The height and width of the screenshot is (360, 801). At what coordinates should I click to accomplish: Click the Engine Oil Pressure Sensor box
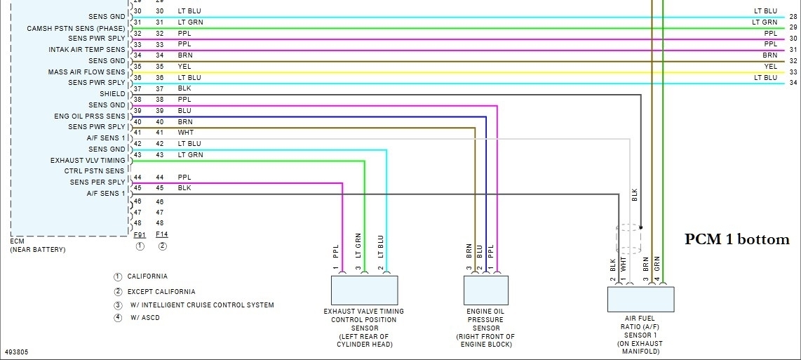pyautogui.click(x=485, y=290)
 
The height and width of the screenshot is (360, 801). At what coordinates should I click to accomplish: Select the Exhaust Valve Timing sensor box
pyautogui.click(x=364, y=290)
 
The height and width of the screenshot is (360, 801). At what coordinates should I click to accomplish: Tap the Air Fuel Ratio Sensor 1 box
pyautogui.click(x=640, y=299)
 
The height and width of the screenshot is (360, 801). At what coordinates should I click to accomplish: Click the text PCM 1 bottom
pyautogui.click(x=736, y=240)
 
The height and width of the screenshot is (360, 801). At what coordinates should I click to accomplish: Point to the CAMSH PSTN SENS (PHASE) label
pyautogui.click(x=76, y=28)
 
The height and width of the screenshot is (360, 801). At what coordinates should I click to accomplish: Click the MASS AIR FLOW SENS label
pyautogui.click(x=86, y=72)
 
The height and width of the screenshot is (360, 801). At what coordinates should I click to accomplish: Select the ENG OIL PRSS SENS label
pyautogui.click(x=89, y=116)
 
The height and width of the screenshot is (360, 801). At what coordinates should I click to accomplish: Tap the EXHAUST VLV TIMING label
pyautogui.click(x=88, y=160)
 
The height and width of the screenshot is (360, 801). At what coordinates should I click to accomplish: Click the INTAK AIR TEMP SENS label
pyautogui.click(x=87, y=50)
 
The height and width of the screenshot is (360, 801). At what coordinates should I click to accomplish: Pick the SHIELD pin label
pyautogui.click(x=112, y=93)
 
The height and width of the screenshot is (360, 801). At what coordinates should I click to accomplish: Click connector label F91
pyautogui.click(x=140, y=234)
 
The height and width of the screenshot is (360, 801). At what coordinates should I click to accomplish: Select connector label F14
pyautogui.click(x=162, y=234)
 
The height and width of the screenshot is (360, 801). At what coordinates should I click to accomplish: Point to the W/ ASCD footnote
pyautogui.click(x=144, y=317)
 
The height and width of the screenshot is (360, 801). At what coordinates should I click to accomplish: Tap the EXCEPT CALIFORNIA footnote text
pyautogui.click(x=161, y=291)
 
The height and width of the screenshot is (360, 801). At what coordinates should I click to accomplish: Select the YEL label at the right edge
pyautogui.click(x=770, y=67)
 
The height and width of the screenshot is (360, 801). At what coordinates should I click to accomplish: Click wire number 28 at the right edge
pyautogui.click(x=793, y=16)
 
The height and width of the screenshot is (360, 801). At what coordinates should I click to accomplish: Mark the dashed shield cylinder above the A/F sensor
pyautogui.click(x=628, y=238)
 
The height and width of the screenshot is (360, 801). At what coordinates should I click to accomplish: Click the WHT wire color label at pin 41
pyautogui.click(x=185, y=133)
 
